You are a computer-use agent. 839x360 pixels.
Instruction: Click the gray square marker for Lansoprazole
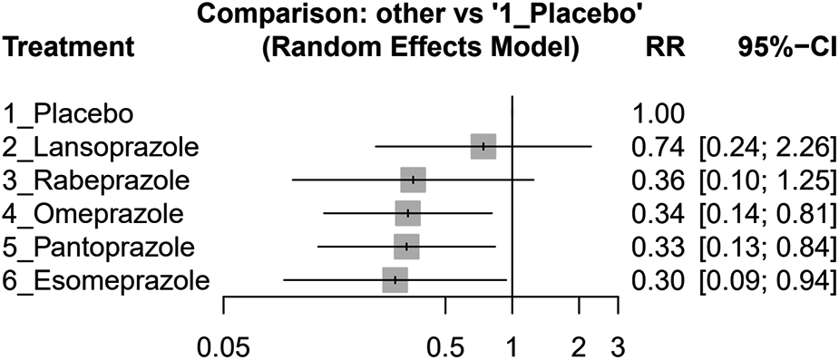tap(484, 146)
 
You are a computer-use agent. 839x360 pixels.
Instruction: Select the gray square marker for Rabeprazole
tap(414, 180)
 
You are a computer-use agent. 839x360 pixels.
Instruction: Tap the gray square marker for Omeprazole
tap(408, 213)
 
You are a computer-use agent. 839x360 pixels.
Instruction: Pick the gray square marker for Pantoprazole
tap(406, 247)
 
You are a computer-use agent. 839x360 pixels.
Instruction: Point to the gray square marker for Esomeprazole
tap(395, 279)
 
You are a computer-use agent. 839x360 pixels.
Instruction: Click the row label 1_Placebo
tap(70, 113)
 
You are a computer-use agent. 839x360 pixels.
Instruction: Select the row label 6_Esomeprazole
tap(108, 279)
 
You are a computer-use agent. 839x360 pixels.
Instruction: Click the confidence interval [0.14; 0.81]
tap(766, 213)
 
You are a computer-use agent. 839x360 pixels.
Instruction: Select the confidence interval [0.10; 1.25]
tap(766, 180)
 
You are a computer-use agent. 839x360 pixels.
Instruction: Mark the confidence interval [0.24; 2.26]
tap(766, 147)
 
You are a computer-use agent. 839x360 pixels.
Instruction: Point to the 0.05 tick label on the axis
tap(223, 345)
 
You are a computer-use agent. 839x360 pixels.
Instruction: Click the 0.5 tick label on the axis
tap(445, 345)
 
